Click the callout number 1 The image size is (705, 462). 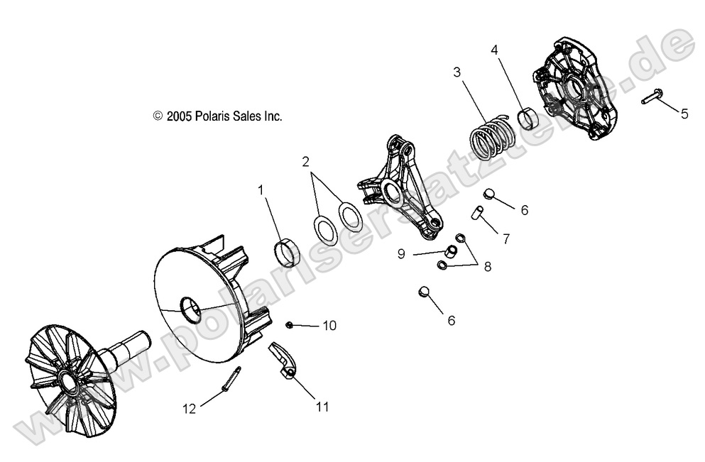click(x=261, y=190)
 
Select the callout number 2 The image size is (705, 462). click(x=306, y=162)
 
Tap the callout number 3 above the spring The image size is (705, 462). click(x=457, y=72)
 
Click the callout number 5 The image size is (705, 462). click(x=684, y=114)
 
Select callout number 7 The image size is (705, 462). click(x=506, y=239)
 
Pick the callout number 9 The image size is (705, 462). click(x=401, y=253)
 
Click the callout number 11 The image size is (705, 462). click(x=322, y=407)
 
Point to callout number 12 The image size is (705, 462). click(x=189, y=408)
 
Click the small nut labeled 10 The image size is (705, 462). click(x=290, y=325)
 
